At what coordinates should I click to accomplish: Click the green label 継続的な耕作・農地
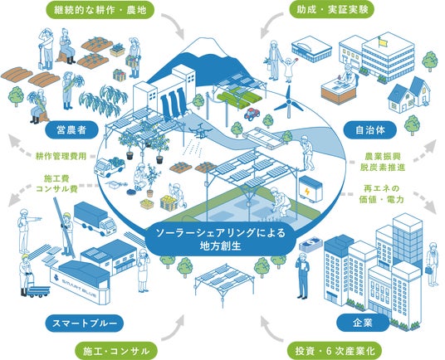click(x=100, y=11)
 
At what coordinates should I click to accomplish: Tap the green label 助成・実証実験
click(x=332, y=10)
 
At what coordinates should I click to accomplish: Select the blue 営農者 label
click(x=71, y=130)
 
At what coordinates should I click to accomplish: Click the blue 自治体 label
click(x=369, y=130)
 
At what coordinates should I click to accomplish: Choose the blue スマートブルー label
click(x=85, y=323)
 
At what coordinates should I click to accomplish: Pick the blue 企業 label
click(x=363, y=323)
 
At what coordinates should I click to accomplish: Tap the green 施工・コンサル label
click(x=116, y=351)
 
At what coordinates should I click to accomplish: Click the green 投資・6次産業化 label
click(x=335, y=351)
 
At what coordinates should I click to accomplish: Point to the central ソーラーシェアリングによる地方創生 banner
click(x=221, y=239)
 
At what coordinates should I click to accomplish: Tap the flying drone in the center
click(x=201, y=131)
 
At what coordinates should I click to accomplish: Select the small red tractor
click(x=252, y=114)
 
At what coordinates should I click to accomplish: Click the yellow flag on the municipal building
click(x=384, y=42)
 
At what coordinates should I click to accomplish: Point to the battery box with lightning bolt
click(x=311, y=189)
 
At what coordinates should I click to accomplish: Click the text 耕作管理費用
click(x=61, y=156)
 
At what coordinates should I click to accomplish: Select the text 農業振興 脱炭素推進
click(x=383, y=162)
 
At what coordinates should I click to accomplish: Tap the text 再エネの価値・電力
click(x=381, y=194)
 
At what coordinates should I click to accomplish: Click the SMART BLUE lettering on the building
click(x=79, y=289)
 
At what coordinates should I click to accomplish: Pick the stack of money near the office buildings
click(x=311, y=244)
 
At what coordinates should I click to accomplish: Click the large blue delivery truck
click(x=95, y=218)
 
